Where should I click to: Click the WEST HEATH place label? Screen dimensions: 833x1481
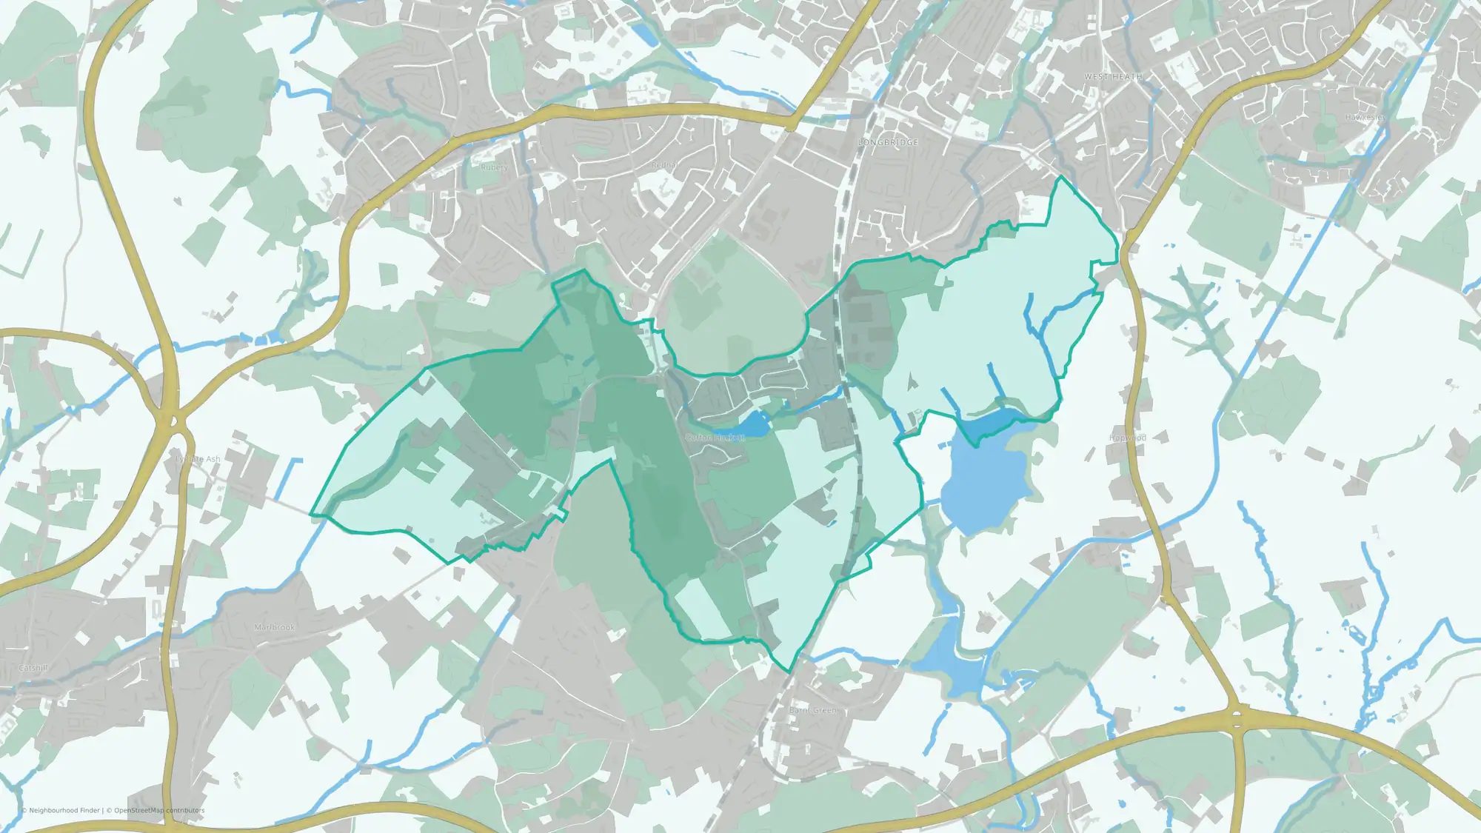tap(1112, 77)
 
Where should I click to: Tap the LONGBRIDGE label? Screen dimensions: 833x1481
tap(888, 142)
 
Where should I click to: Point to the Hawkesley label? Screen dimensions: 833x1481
tap(1364, 118)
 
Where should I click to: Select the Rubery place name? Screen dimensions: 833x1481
tap(494, 167)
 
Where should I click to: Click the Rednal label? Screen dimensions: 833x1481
tap(664, 165)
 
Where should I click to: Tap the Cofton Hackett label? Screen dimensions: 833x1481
tap(715, 438)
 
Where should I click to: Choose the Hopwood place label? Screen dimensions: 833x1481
tap(1127, 438)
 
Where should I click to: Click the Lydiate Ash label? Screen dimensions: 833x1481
tap(198, 459)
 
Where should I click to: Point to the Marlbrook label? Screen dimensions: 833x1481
tap(274, 627)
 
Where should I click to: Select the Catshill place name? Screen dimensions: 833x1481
tap(33, 668)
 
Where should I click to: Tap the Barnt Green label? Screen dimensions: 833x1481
tap(812, 710)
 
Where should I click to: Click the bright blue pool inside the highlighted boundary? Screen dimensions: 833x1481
tap(996, 424)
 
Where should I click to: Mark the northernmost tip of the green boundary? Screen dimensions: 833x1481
tap(1063, 177)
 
